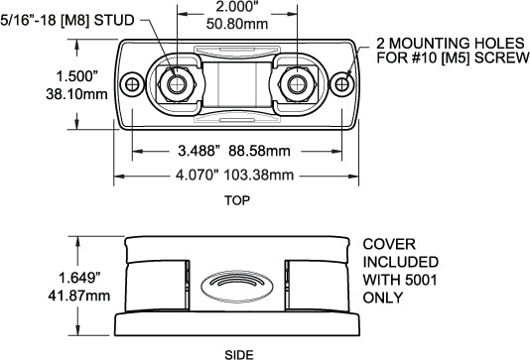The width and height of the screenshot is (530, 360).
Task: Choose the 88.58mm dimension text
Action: (x=260, y=154)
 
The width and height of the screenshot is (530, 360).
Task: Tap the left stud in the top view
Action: (x=177, y=83)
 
